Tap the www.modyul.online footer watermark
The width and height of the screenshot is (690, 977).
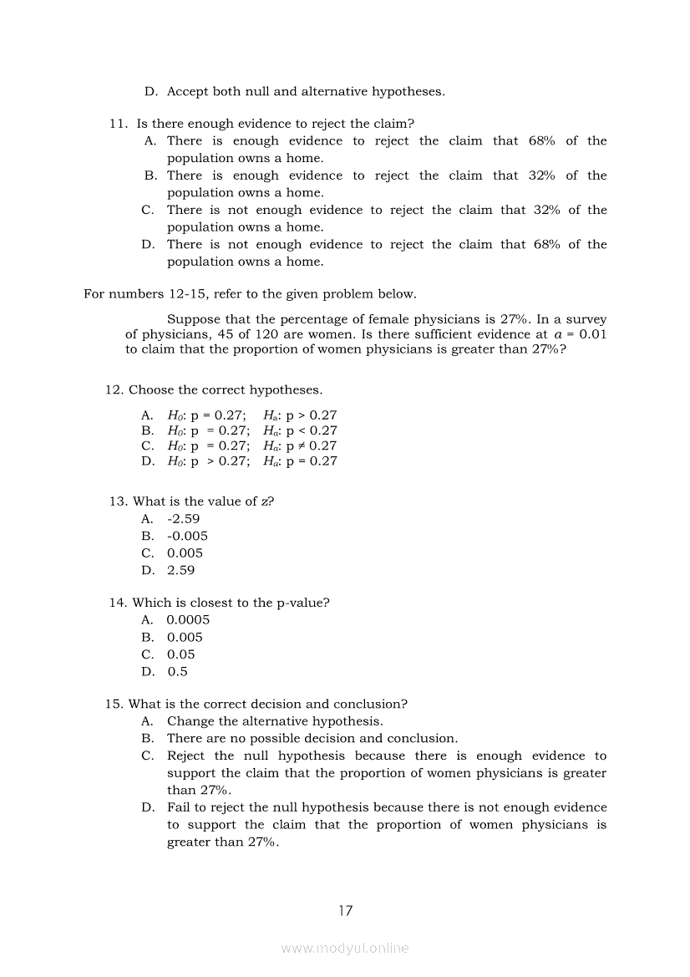[345, 948]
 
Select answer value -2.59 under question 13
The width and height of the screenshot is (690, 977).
[183, 519]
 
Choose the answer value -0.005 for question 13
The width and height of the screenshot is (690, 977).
[187, 536]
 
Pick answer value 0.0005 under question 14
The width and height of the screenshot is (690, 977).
[188, 620]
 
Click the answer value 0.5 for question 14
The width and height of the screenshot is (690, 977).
[177, 671]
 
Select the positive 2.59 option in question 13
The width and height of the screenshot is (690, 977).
[180, 570]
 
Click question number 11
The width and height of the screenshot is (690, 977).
[118, 124]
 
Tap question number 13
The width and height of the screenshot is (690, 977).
[118, 501]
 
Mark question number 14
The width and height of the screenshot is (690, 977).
[118, 603]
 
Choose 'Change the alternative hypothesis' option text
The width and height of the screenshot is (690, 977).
[275, 721]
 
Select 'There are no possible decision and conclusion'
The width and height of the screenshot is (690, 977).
[312, 739]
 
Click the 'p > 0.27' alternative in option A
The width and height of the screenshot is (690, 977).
[312, 415]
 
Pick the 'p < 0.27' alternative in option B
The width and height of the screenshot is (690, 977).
[312, 430]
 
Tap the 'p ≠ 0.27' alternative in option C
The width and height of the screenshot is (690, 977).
[312, 446]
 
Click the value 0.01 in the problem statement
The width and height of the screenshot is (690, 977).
[592, 334]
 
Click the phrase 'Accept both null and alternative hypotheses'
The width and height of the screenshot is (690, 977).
[306, 92]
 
